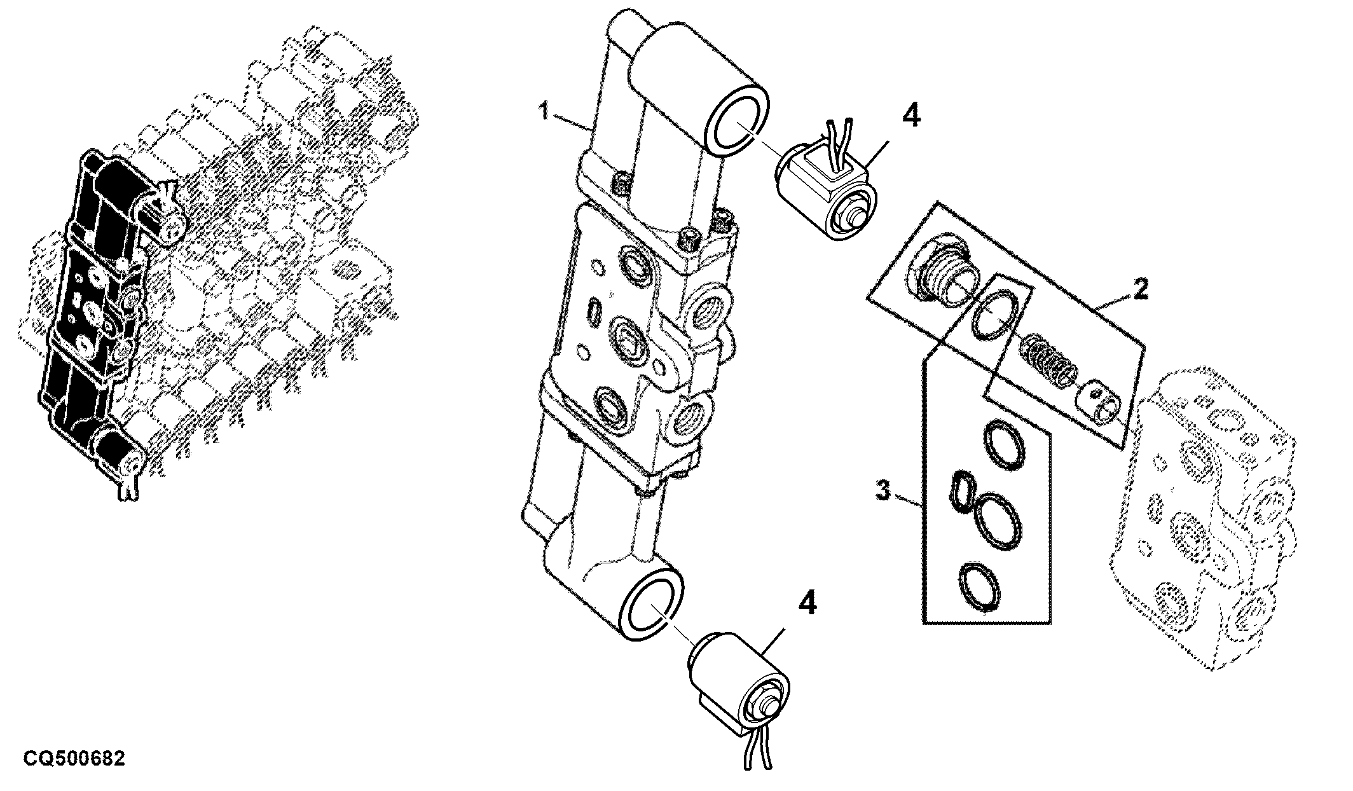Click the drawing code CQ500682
click(x=74, y=759)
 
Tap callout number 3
click(x=882, y=491)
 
